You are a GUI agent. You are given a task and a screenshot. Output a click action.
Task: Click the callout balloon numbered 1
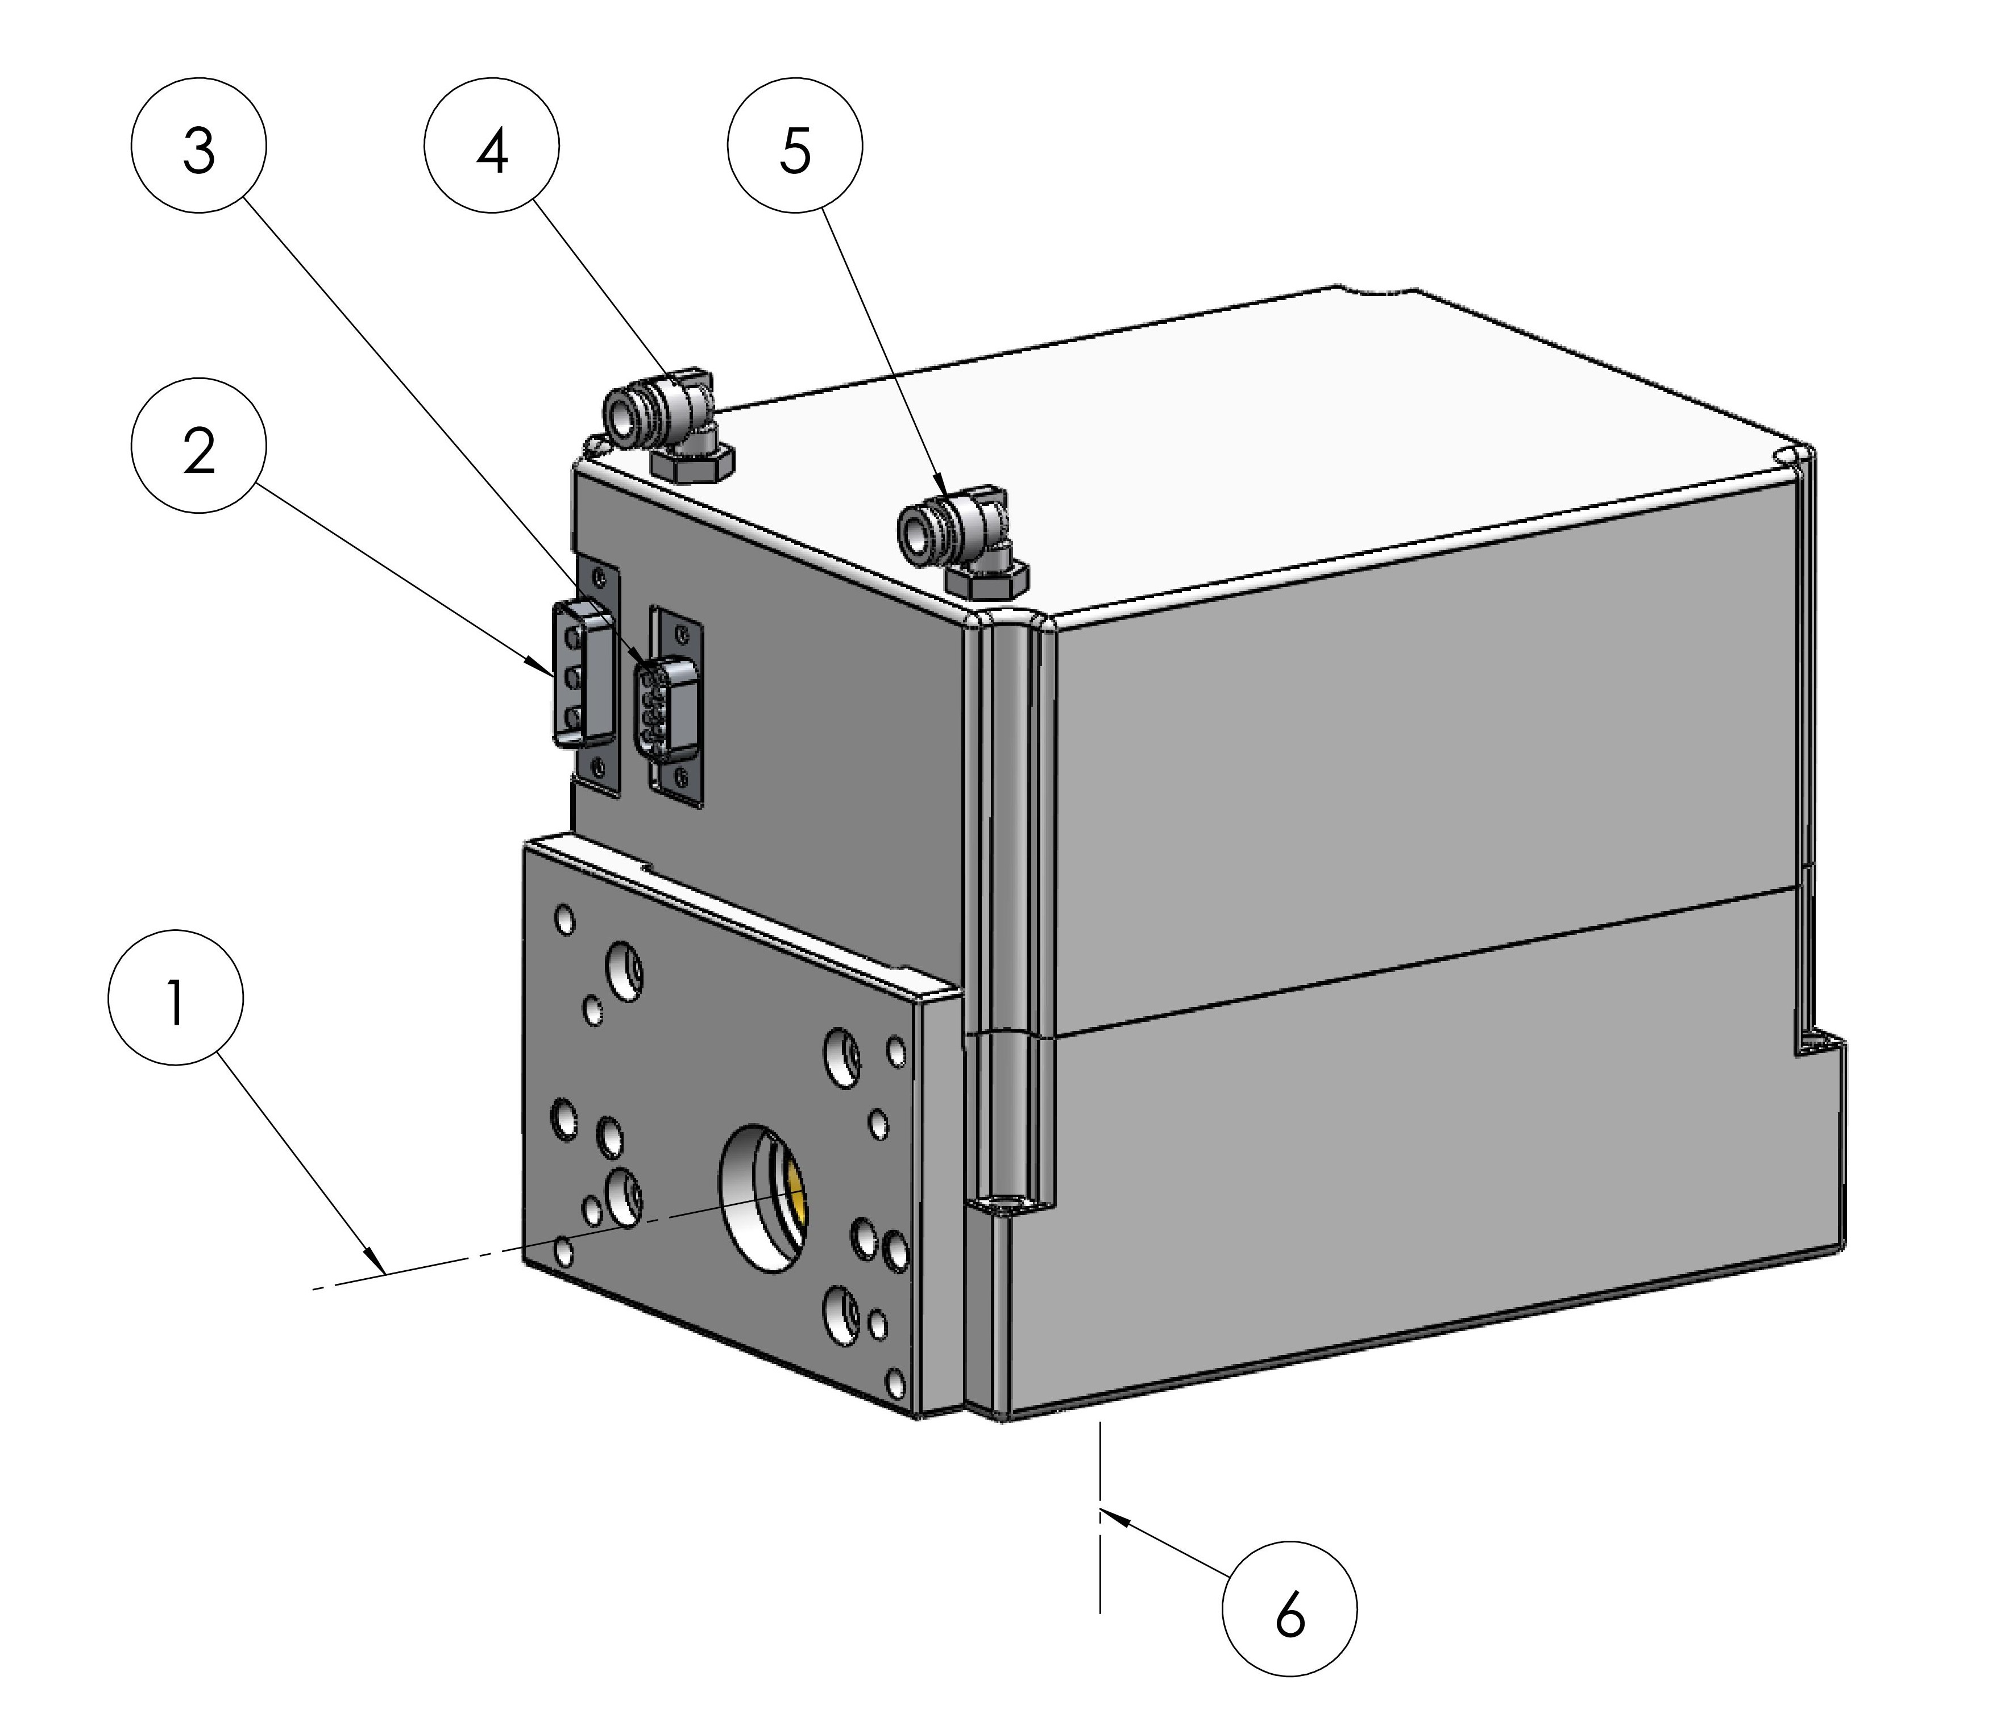pos(176,997)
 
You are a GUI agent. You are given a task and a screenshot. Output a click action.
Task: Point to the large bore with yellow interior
pos(763,1199)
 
